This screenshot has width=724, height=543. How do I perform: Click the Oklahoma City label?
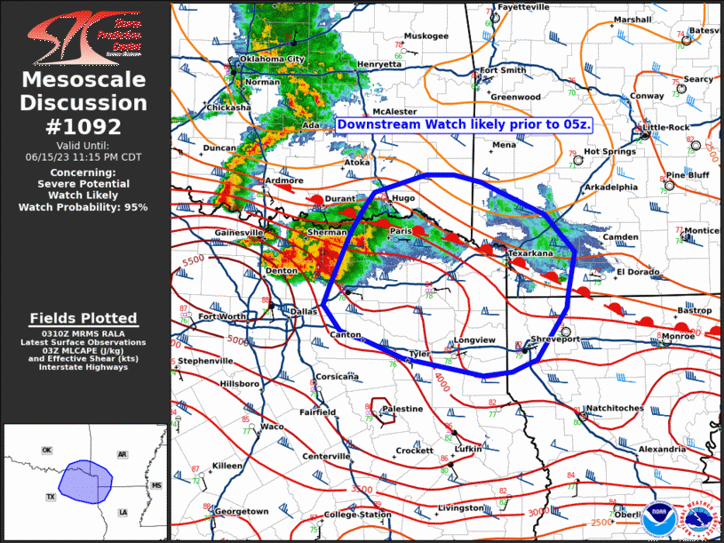click(273, 60)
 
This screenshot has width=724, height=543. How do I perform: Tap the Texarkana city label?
click(530, 253)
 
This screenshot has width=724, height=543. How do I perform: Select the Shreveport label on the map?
click(555, 339)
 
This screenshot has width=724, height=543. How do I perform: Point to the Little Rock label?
click(666, 127)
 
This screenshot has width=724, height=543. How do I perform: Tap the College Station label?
click(357, 515)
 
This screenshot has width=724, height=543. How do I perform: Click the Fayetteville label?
click(523, 7)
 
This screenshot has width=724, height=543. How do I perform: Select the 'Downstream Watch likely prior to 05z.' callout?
click(465, 124)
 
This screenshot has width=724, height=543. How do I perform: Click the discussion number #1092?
click(84, 126)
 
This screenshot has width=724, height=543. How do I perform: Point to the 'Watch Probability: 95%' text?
click(83, 206)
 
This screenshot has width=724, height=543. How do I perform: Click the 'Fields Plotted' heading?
click(84, 318)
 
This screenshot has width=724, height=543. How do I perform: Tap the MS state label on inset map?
click(156, 485)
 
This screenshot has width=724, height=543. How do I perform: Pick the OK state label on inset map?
click(46, 451)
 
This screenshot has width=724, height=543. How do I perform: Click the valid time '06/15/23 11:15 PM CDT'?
click(84, 156)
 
